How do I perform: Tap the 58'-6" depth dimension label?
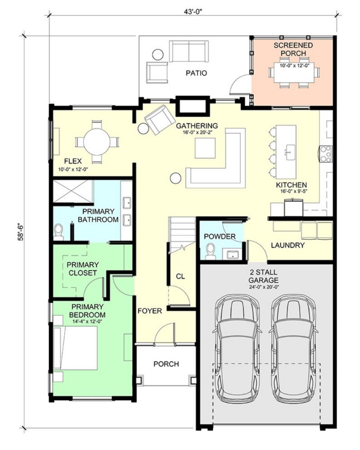click(21, 231)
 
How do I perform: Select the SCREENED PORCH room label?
click(293, 49)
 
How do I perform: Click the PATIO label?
click(196, 73)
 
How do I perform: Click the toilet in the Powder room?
click(211, 252)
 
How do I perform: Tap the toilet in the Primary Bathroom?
click(58, 232)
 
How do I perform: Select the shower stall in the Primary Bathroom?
click(73, 191)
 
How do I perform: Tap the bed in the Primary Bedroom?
click(76, 348)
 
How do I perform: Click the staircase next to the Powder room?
click(182, 234)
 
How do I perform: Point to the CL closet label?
click(180, 276)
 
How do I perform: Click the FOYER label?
click(149, 311)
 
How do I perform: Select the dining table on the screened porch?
click(294, 72)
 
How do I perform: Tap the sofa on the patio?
click(189, 51)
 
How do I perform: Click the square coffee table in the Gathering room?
click(205, 148)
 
